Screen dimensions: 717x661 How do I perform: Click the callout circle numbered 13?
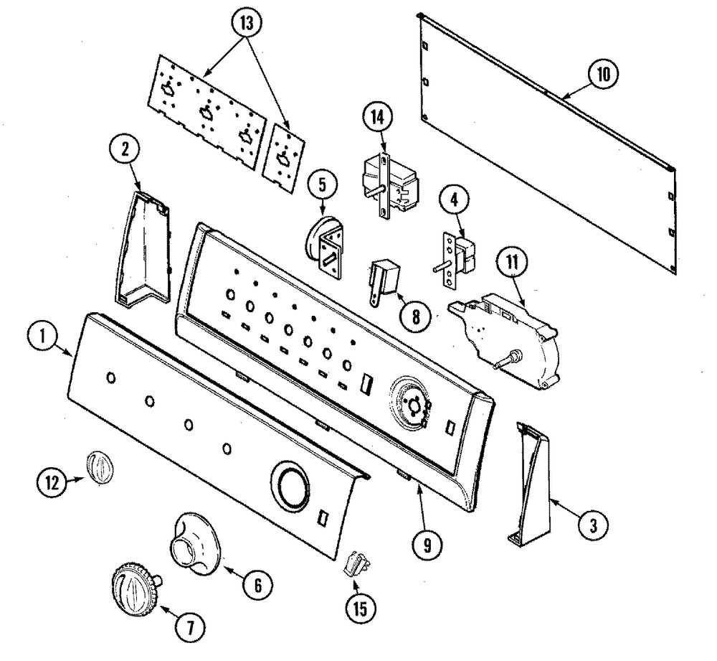click(247, 24)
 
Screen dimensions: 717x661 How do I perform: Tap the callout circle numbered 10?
click(603, 74)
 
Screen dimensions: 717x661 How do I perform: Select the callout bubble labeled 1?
click(42, 337)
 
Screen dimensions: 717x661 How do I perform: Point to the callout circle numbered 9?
click(427, 544)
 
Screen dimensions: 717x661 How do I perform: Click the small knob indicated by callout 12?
click(98, 467)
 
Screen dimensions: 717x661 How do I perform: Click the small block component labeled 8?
click(383, 281)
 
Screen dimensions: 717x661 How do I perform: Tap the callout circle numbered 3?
click(593, 525)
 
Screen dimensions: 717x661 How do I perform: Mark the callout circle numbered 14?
click(378, 117)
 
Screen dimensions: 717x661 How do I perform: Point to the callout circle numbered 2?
click(125, 150)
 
